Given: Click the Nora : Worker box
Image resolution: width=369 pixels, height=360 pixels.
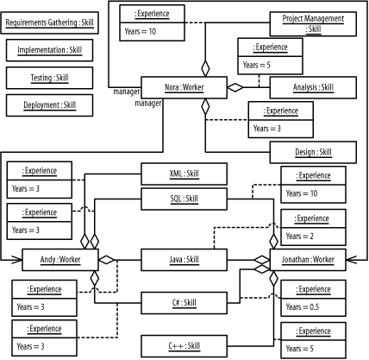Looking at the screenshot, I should tap(184, 87).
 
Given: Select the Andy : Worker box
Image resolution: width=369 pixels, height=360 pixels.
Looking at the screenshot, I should tap(59, 259).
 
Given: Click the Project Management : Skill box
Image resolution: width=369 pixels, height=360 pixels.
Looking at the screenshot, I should tap(313, 23).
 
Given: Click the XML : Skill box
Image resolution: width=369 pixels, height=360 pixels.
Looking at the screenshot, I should tap(184, 174).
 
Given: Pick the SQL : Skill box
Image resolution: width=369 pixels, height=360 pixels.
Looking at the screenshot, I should tap(184, 199).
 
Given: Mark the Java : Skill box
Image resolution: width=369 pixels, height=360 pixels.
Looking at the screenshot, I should tap(184, 259).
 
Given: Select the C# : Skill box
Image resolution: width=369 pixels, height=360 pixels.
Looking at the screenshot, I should tap(184, 302).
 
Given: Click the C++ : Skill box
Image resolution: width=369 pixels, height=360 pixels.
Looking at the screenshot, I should tap(184, 345).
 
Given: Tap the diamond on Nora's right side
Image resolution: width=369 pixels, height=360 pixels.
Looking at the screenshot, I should tap(235, 87).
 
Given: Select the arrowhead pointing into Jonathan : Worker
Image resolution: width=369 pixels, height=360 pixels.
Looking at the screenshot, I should tap(350, 259).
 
